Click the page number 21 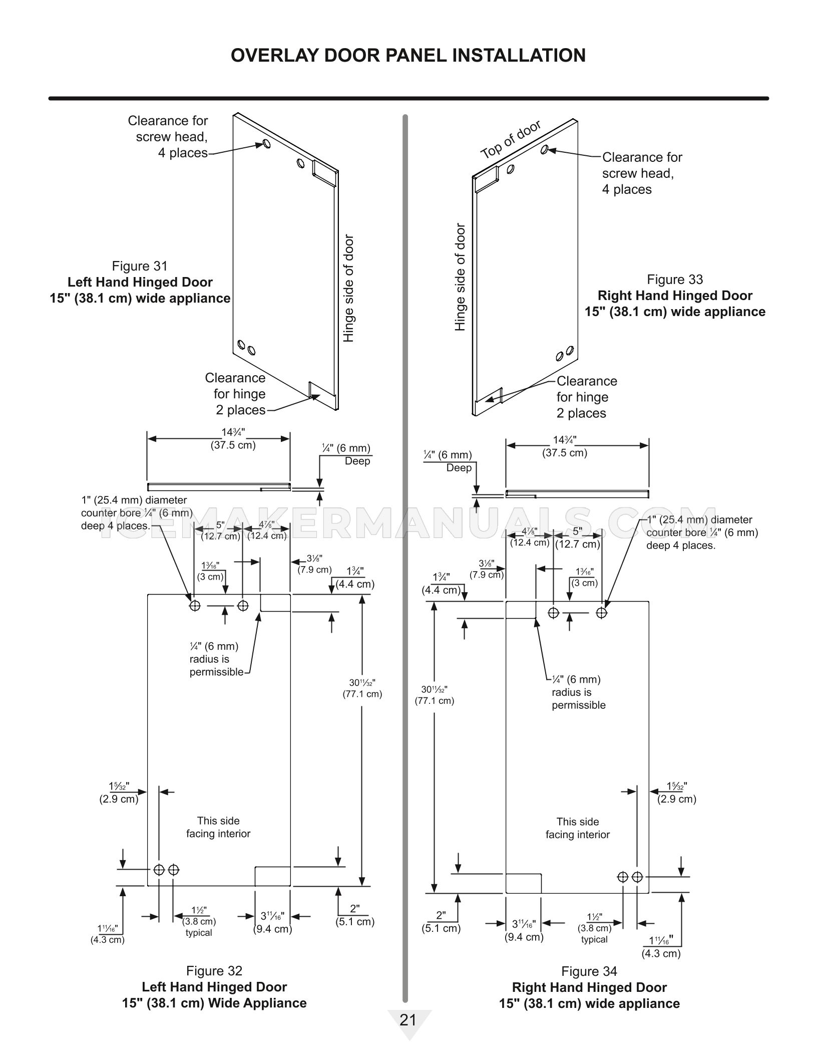click(x=408, y=1020)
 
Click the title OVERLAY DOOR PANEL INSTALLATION click(x=408, y=55)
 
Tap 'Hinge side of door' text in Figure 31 click(x=348, y=289)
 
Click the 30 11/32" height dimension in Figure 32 click(x=362, y=688)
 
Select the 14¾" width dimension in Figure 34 click(x=565, y=446)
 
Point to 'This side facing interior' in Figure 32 click(x=218, y=827)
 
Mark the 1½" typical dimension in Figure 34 click(x=594, y=928)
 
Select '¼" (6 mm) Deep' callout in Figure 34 click(x=448, y=461)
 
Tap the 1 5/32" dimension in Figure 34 click(x=677, y=792)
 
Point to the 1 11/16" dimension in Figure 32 click(x=107, y=934)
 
